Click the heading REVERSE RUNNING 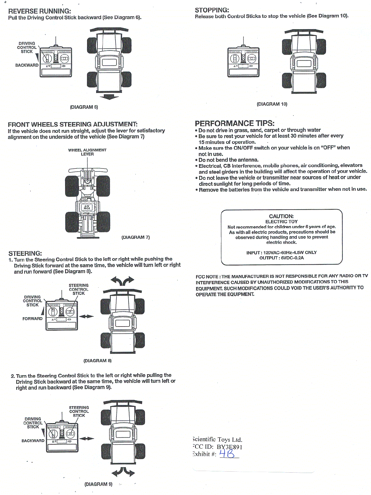pyautogui.click(x=39, y=11)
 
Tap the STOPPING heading pyautogui.click(x=212, y=10)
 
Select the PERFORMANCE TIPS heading pyautogui.click(x=234, y=123)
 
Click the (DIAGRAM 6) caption pyautogui.click(x=84, y=107)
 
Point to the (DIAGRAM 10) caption pyautogui.click(x=272, y=104)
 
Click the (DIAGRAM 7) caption pyautogui.click(x=136, y=237)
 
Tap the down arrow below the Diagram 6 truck pyautogui.click(x=109, y=97)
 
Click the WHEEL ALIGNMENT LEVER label pyautogui.click(x=87, y=152)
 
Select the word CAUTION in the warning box pyautogui.click(x=281, y=216)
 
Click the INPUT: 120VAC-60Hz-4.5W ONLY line pyautogui.click(x=281, y=252)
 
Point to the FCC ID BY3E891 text pyautogui.click(x=218, y=447)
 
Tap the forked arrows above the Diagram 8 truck pyautogui.click(x=122, y=281)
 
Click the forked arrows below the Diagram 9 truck pyautogui.click(x=123, y=472)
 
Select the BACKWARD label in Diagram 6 pyautogui.click(x=27, y=65)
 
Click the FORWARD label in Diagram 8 pyautogui.click(x=32, y=318)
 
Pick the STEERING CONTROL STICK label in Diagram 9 pyautogui.click(x=79, y=411)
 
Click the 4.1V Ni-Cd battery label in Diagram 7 pyautogui.click(x=87, y=207)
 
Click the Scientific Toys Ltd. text pyautogui.click(x=217, y=439)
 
